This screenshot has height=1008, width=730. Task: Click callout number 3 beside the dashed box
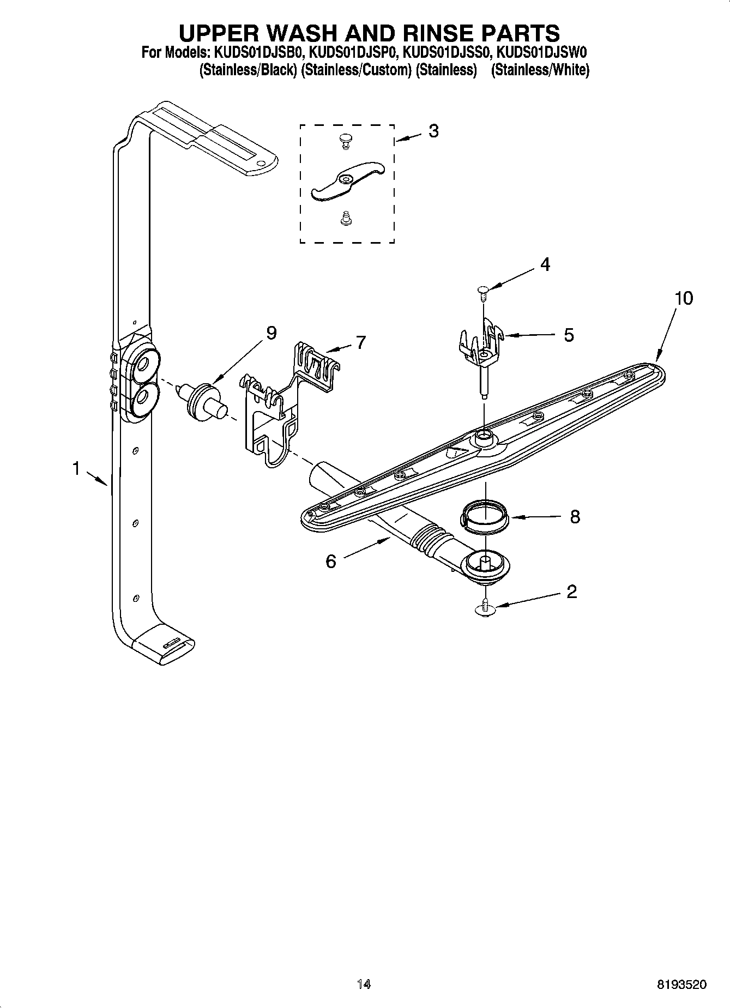[x=433, y=131]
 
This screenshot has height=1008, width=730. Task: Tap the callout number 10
[x=683, y=298]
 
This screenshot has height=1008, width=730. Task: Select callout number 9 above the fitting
[x=271, y=333]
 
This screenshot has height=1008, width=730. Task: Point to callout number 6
[x=331, y=561]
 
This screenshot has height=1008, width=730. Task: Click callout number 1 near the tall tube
[x=77, y=468]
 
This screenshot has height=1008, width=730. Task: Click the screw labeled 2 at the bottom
[x=484, y=608]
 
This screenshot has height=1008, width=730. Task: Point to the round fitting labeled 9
[x=202, y=400]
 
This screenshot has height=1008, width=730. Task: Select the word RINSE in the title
[x=430, y=33]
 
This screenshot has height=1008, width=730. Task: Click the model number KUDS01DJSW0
[x=543, y=53]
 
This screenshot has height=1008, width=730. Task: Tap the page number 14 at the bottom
[x=364, y=984]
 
